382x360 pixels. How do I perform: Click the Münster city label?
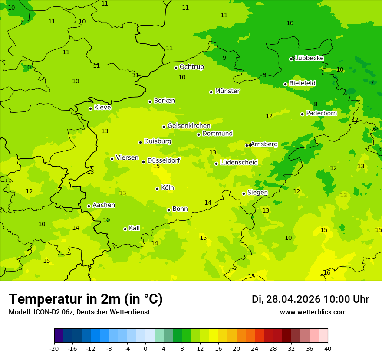227,91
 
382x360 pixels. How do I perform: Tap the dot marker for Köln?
157,189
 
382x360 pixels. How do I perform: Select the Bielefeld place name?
303,83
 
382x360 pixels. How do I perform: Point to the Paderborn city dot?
303,114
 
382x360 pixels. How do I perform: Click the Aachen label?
104,205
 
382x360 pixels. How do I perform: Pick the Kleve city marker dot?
90,108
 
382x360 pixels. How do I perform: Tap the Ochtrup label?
192,67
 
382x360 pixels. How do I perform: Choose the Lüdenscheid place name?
239,163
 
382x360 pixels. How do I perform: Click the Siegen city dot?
244,194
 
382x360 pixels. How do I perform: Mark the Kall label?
135,228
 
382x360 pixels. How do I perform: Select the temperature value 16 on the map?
327,272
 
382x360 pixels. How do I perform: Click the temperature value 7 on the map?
372,83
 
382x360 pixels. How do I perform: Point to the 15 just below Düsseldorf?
156,167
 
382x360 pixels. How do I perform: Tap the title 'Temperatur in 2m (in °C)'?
86,299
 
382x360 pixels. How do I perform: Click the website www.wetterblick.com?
313,312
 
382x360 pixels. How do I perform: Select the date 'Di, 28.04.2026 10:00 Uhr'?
310,299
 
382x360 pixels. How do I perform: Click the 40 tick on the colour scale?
328,348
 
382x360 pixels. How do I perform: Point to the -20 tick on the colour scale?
54,348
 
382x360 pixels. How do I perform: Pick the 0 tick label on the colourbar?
145,348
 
